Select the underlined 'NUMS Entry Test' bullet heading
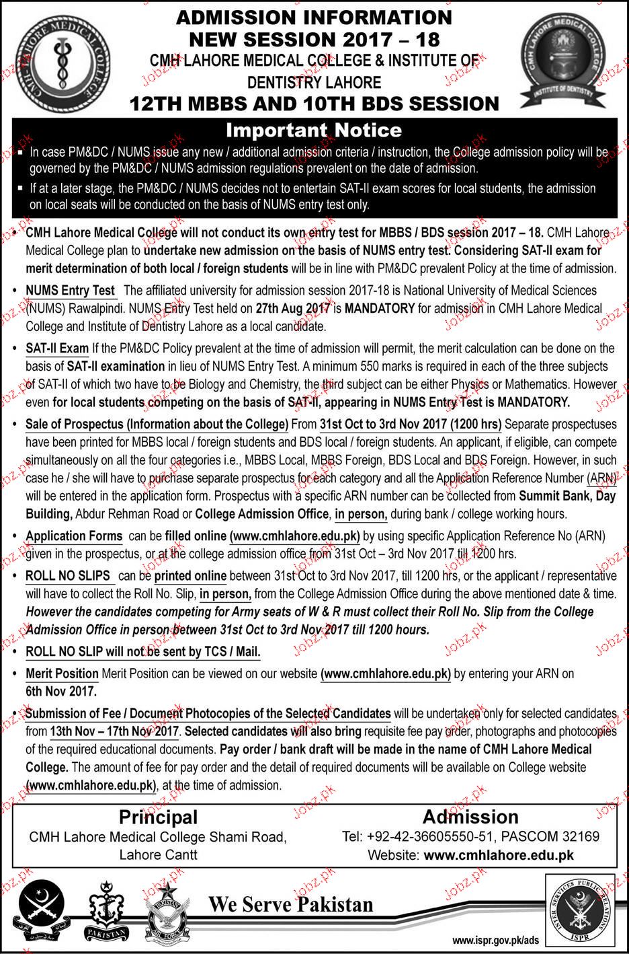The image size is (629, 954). [71, 291]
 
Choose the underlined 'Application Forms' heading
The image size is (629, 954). [74, 536]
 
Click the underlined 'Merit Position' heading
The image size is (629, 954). [62, 673]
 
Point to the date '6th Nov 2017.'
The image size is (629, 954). [62, 691]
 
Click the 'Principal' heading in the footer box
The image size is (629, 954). [158, 817]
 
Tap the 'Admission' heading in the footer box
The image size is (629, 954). [470, 817]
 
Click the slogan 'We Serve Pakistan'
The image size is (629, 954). [290, 904]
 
